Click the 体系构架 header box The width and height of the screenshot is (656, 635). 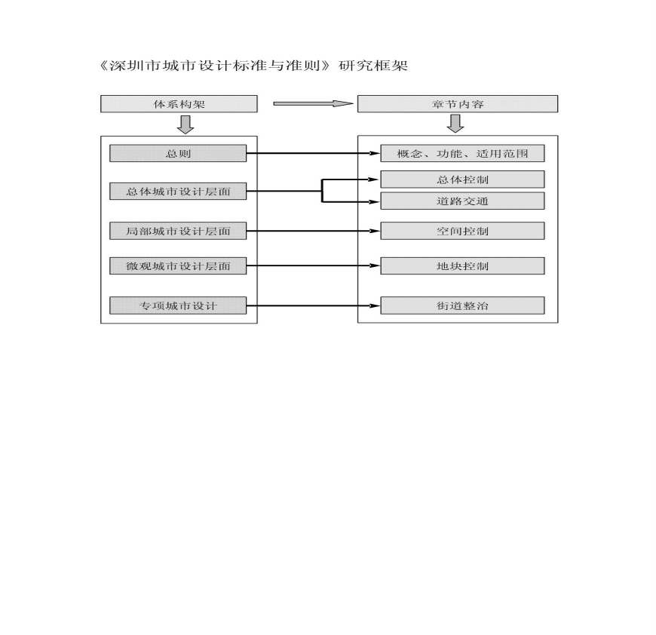pos(179,104)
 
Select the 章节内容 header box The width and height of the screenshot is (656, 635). pos(457,104)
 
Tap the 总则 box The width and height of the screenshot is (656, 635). pos(178,153)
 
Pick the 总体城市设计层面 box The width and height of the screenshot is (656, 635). pos(178,191)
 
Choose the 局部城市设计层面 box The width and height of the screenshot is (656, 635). pos(178,231)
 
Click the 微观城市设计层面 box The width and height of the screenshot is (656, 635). pos(178,265)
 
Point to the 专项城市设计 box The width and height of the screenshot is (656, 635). pos(178,305)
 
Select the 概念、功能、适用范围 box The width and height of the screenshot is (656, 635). pos(462,153)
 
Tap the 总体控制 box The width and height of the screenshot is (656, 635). pos(462,179)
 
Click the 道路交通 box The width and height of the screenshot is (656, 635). pos(462,201)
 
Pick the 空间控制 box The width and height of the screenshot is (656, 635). pos(462,231)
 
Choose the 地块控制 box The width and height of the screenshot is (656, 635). pos(462,265)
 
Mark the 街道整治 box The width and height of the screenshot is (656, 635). pos(462,305)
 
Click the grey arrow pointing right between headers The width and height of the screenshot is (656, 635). pos(314,103)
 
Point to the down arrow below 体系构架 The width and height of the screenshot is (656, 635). pos(185,124)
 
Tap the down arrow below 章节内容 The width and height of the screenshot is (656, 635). pos(455,124)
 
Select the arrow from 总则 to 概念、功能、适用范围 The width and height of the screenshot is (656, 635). pos(314,154)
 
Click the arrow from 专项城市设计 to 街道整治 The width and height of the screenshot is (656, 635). pos(314,305)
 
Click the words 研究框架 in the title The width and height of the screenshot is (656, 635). pos(373,66)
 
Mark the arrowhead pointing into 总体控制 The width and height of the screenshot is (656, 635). pos(374,179)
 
